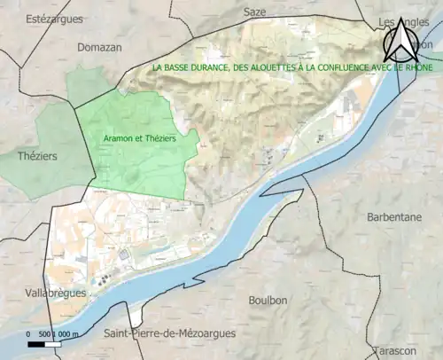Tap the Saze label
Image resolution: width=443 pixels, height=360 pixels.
254,12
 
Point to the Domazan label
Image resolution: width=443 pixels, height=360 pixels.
99,47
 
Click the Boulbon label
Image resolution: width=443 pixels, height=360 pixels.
268,301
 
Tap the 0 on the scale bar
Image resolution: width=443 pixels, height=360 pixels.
29,333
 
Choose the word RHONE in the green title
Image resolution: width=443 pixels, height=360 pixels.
408,67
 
